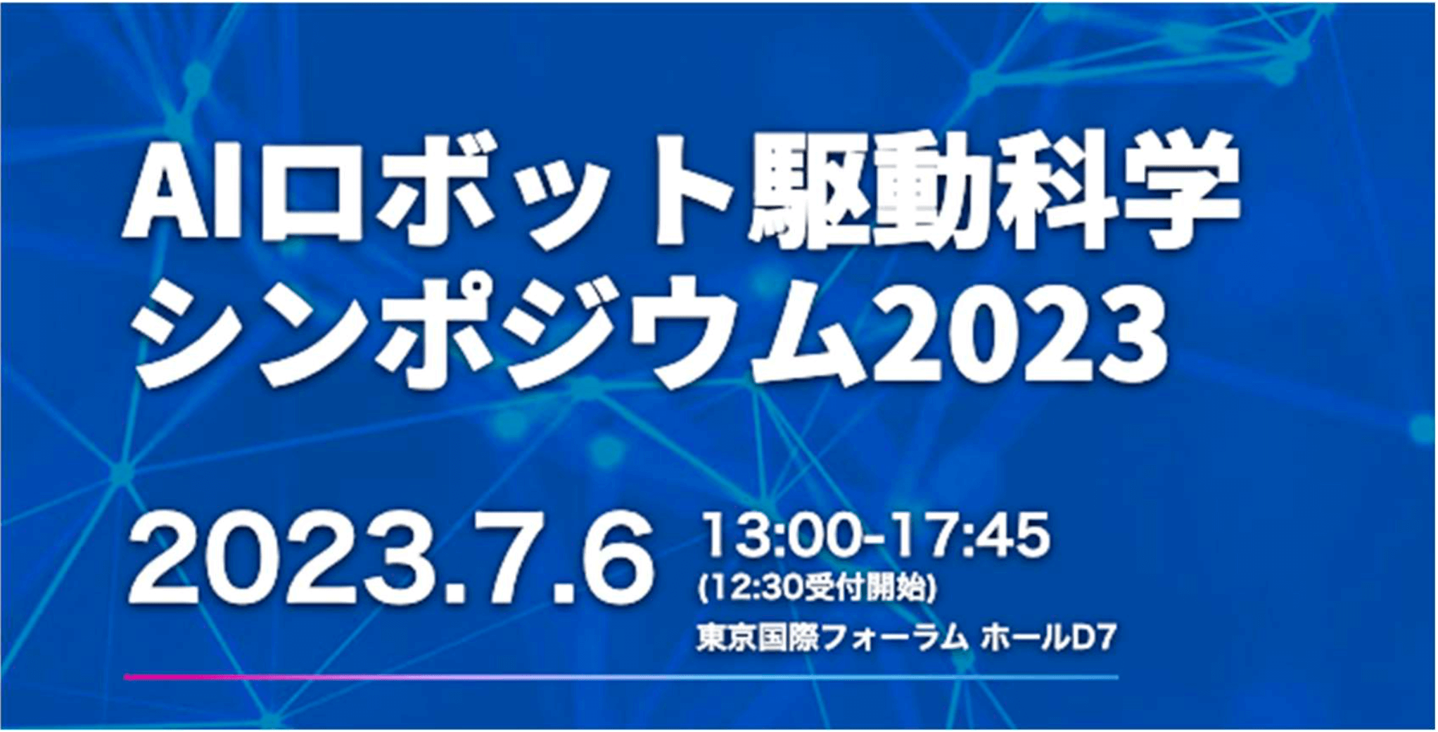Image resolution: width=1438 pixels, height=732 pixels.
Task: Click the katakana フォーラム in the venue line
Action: [891, 640]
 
